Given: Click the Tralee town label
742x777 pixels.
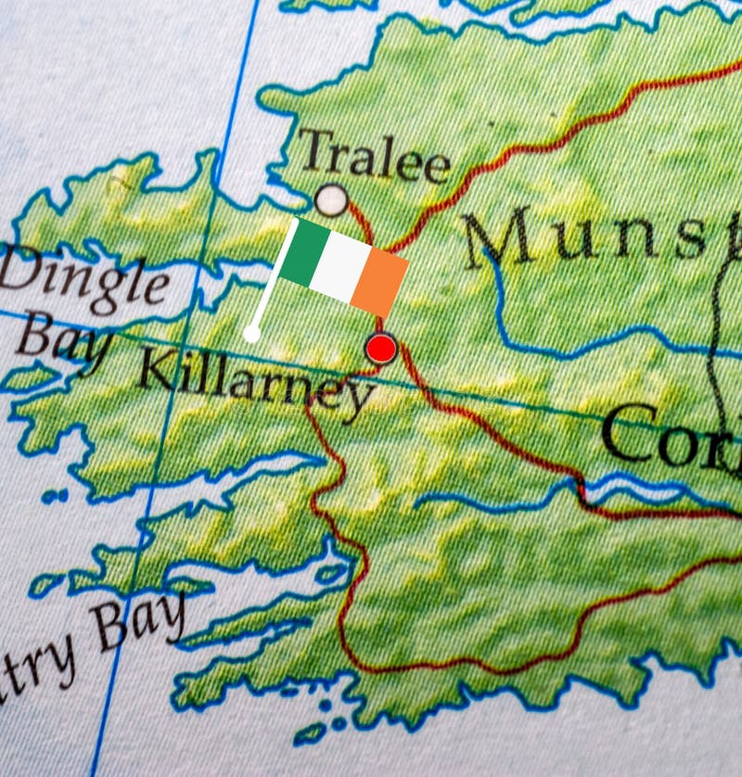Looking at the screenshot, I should (374, 156).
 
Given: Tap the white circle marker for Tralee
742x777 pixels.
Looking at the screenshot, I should (331, 199).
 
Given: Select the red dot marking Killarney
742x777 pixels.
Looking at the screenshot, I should (381, 349).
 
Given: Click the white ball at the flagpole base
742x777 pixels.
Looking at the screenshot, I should (251, 333).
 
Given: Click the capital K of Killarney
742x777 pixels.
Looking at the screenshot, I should (155, 369).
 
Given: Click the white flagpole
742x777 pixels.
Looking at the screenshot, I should (272, 278).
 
